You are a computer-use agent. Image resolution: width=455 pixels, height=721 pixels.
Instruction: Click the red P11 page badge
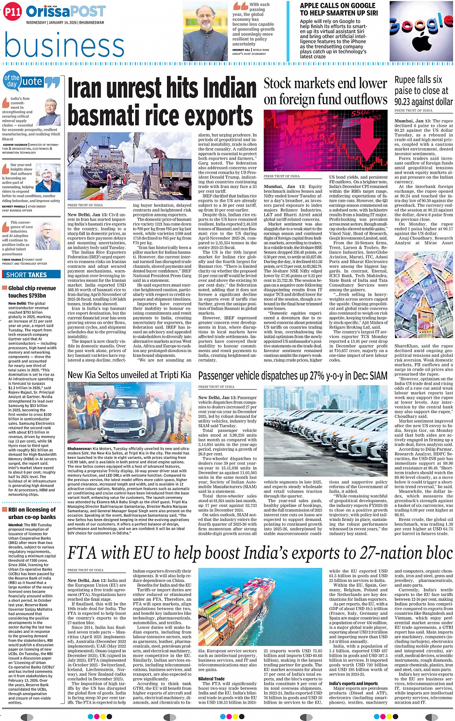tap(12, 12)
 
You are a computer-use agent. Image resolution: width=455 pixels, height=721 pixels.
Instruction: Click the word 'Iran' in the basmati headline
tap(89, 89)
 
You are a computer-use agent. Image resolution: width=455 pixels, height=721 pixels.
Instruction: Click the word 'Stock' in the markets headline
tap(277, 84)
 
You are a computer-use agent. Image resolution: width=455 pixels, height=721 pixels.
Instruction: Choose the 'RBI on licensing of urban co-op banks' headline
tap(32, 513)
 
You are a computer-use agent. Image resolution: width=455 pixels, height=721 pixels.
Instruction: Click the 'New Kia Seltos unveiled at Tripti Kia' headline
tap(129, 375)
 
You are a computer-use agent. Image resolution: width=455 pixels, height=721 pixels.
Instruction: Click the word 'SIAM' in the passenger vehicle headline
tap(378, 376)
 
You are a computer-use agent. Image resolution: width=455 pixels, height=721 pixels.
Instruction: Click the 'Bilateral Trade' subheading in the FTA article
tap(211, 679)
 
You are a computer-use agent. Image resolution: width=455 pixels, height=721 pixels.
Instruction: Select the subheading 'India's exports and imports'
tap(353, 683)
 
